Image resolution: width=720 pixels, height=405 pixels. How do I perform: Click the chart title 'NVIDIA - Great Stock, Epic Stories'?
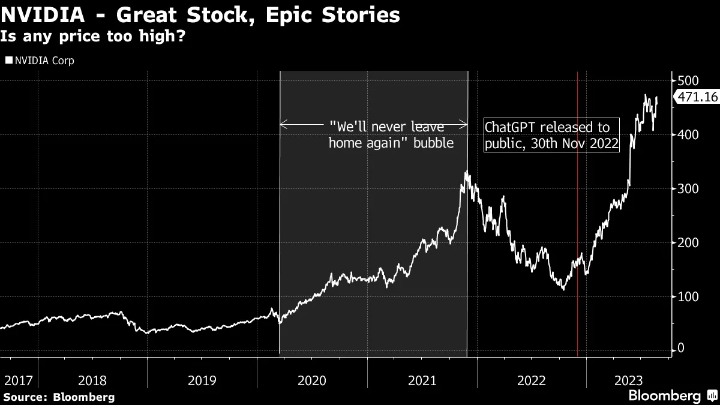(200, 15)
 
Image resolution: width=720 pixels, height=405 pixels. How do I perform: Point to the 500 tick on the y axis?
(687, 81)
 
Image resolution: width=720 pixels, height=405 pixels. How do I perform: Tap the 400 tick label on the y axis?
(687, 135)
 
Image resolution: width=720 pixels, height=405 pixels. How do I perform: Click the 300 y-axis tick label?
(687, 189)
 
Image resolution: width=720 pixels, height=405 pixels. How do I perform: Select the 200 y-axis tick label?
(687, 243)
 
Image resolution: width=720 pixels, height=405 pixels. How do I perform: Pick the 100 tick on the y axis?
(687, 297)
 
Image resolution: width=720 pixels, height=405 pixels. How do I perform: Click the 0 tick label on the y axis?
(680, 348)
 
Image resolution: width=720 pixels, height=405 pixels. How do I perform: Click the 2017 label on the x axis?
(17, 380)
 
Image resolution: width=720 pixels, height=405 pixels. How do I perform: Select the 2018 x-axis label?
(92, 380)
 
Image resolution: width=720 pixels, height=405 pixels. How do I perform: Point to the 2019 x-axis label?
(202, 380)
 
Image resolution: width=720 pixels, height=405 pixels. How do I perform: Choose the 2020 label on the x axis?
(311, 380)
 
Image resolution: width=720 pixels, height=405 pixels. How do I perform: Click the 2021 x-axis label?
(421, 380)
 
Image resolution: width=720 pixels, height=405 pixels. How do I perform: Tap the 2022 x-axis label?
(531, 380)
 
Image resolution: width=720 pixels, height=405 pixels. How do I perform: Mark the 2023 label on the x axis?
(628, 380)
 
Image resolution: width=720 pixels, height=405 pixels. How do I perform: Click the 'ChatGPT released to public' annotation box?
(551, 136)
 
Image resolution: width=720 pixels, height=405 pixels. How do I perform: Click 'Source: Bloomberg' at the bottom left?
(59, 397)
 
